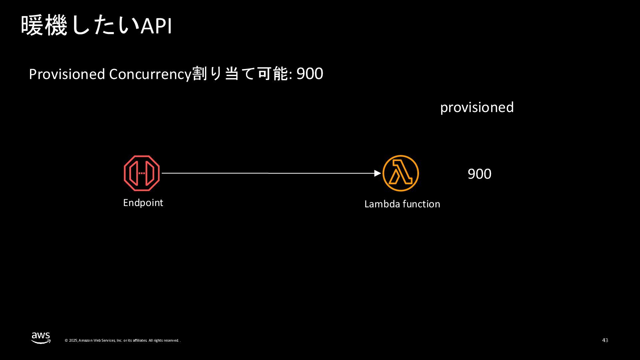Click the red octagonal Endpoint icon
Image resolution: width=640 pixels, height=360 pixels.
click(142, 173)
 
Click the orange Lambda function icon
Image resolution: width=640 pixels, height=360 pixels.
click(400, 173)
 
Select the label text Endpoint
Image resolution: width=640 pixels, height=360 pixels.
click(143, 203)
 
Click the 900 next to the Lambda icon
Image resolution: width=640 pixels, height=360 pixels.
click(479, 174)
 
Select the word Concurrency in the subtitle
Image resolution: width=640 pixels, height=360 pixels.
click(150, 74)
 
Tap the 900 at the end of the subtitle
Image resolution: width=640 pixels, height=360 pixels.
click(310, 74)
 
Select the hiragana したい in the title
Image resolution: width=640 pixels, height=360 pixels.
click(105, 26)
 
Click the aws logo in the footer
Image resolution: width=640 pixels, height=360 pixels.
click(41, 337)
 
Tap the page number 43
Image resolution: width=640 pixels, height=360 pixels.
click(605, 340)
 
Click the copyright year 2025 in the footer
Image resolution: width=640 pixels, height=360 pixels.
click(73, 341)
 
